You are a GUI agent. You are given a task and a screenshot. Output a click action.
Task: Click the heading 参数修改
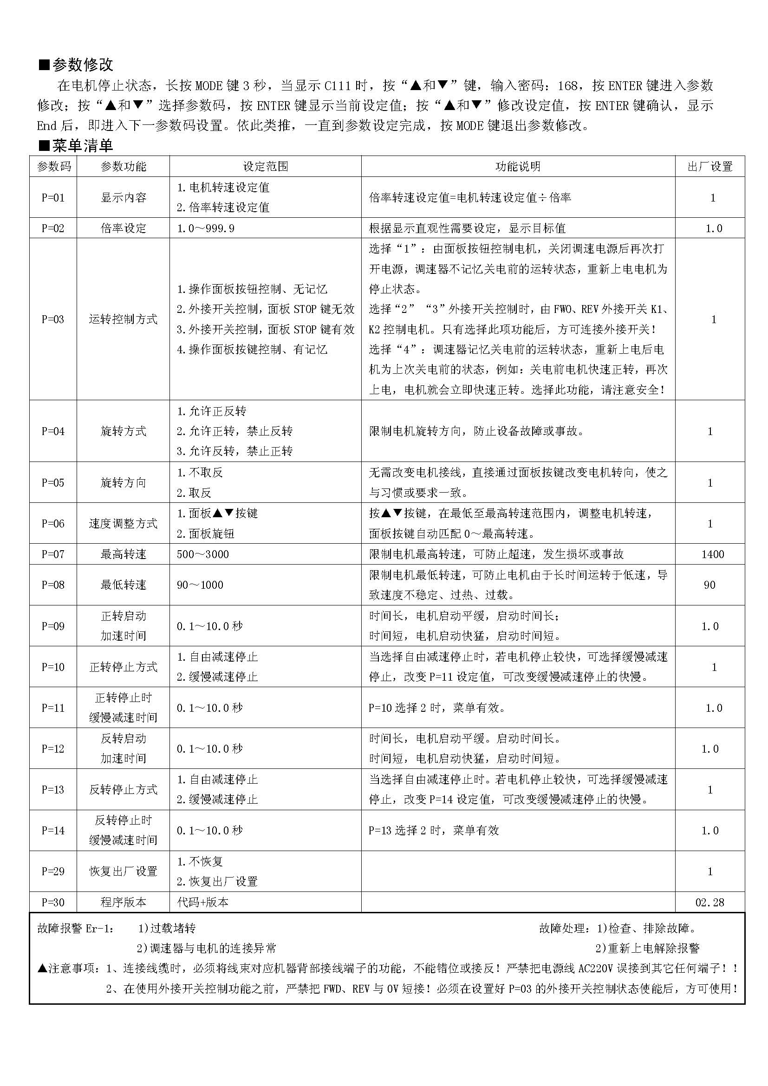[82, 65]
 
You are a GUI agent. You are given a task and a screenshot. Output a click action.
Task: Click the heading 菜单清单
[82, 146]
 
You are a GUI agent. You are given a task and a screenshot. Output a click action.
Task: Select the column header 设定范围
[265, 167]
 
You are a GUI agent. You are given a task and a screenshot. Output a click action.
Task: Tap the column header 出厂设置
[709, 167]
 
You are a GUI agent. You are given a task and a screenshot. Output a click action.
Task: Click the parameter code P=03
[53, 319]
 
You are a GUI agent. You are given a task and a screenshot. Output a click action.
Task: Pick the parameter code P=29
[53, 871]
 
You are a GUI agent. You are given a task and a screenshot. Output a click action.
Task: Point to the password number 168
[567, 85]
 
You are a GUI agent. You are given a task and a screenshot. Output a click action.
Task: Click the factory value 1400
[712, 554]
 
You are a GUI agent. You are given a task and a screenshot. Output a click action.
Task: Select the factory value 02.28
[709, 902]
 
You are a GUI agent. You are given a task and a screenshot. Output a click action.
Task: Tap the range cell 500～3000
[203, 554]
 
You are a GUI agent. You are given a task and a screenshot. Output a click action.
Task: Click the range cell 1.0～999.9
[206, 228]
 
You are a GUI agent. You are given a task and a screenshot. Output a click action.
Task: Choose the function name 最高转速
[124, 554]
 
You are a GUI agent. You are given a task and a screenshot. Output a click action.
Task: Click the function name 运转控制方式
[124, 319]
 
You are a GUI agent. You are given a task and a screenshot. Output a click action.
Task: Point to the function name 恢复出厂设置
[124, 871]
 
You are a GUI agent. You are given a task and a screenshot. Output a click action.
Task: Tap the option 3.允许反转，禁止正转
[235, 451]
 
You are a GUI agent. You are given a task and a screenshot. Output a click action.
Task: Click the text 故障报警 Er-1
[76, 929]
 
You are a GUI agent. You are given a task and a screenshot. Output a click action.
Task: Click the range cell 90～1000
[200, 585]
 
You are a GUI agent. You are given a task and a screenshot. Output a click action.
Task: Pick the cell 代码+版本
[203, 902]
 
